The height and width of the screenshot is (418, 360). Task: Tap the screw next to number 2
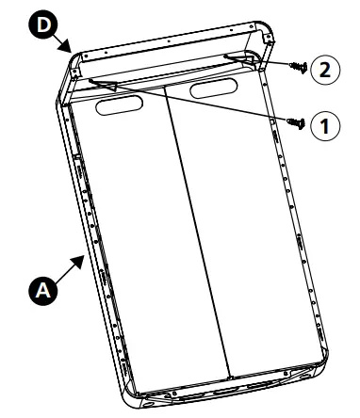(x=295, y=68)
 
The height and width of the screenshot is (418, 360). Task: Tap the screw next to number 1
(x=296, y=121)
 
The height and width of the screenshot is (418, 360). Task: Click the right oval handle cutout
(x=216, y=90)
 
